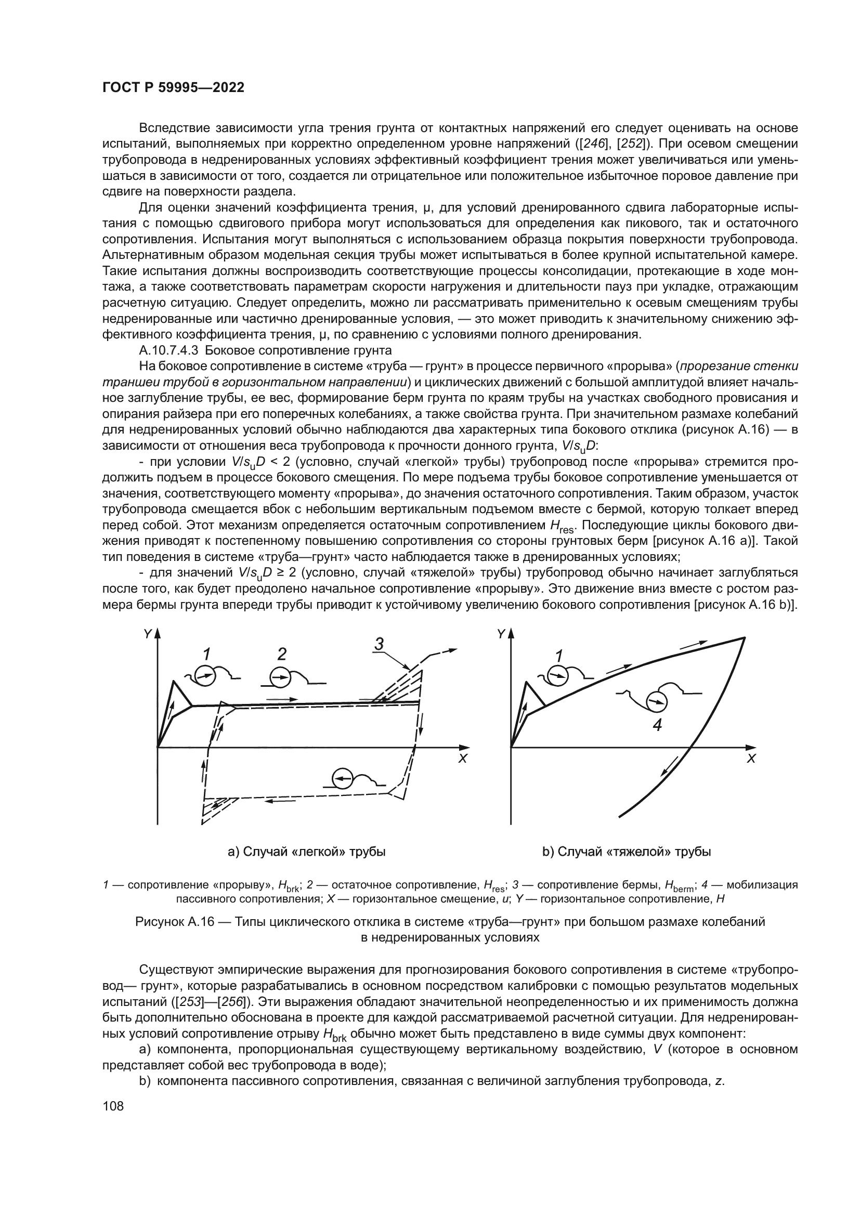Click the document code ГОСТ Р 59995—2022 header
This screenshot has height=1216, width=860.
(173, 88)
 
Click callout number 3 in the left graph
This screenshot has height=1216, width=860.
(379, 644)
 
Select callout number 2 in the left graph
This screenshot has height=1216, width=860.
(282, 655)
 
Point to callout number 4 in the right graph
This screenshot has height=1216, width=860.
(657, 725)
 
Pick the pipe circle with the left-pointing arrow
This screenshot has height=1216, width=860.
(342, 778)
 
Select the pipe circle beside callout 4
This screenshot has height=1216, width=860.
(658, 702)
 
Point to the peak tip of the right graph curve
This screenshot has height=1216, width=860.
(744, 638)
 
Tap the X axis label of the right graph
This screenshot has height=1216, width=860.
(751, 759)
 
